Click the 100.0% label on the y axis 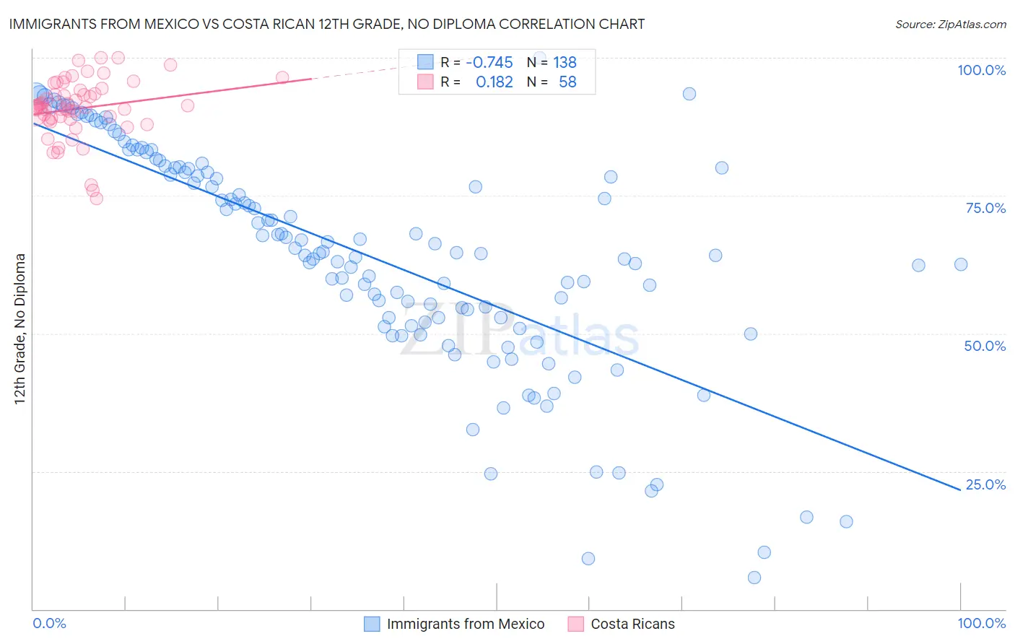coord(981,70)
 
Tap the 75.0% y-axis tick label coord(985,208)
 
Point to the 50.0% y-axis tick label coord(985,346)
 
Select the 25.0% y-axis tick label coord(985,484)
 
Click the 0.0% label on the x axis coord(49,623)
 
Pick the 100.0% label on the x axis coord(981,623)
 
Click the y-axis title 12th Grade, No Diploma coord(20,328)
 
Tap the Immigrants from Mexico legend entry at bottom coord(465,624)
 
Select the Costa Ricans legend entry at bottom coord(632,624)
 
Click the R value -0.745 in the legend coord(489,62)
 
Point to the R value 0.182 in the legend coord(494,82)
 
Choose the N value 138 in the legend coord(565,62)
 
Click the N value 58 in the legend coord(567,82)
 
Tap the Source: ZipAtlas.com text coord(950,24)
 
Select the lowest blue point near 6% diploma coord(754,578)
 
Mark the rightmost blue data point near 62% coord(961,264)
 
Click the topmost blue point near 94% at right coord(689,94)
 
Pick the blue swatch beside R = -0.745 coord(425,62)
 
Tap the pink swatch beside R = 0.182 coord(425,82)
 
